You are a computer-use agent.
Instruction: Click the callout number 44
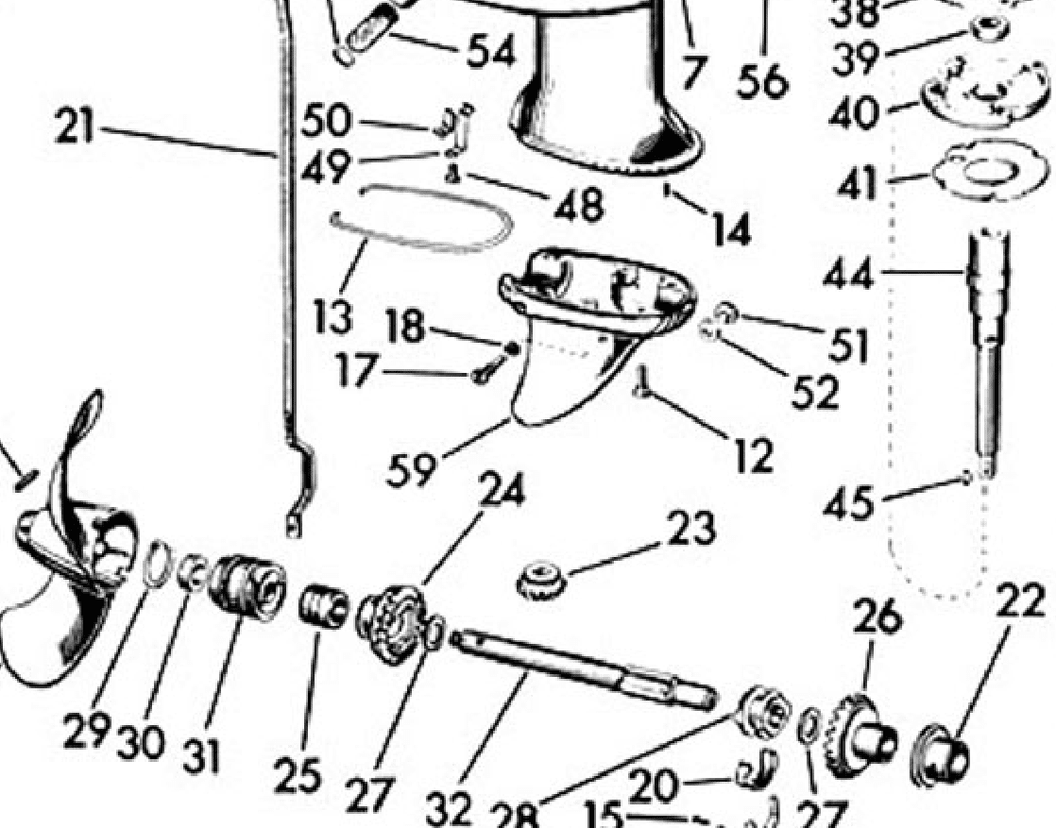(848, 276)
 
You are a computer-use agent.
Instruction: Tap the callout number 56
(763, 81)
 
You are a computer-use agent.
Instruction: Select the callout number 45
(848, 503)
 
